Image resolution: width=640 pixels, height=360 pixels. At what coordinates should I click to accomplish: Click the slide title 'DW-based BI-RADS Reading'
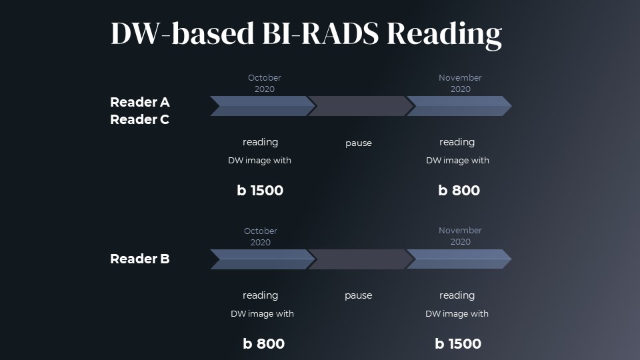306,33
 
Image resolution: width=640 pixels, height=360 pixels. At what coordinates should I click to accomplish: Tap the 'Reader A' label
140,102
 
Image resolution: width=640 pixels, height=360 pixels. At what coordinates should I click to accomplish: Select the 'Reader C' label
140,120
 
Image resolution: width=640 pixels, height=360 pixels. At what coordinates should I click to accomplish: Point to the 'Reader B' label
140,259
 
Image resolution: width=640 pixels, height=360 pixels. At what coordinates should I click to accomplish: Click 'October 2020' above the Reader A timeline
265,83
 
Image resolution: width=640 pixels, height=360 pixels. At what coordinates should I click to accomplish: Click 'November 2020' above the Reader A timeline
460,83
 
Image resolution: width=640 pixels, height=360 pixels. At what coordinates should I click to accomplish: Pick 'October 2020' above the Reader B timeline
261,237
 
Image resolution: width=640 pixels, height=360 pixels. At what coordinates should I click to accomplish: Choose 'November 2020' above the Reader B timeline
460,236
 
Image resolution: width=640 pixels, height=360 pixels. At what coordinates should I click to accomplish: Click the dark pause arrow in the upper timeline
359,106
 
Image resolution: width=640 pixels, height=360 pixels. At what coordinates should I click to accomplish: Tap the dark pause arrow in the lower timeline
359,259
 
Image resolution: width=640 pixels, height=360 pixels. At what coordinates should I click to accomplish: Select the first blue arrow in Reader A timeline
261,106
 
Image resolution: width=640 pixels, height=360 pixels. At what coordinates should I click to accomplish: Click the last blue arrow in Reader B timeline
459,259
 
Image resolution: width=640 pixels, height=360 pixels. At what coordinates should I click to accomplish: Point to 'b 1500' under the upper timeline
260,191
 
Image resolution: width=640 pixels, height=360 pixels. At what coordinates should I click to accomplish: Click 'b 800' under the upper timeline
459,191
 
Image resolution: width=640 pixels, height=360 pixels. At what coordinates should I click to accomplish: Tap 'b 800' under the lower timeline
263,344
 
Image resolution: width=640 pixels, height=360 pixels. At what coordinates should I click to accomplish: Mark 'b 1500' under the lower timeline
458,344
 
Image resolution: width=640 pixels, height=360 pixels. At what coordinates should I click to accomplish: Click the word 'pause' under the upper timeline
359,143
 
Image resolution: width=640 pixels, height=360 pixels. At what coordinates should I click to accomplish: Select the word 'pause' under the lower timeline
358,296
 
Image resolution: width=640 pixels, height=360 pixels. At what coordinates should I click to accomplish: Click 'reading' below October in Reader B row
260,295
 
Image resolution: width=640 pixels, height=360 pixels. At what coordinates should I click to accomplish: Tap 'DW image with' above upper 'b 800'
457,161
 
